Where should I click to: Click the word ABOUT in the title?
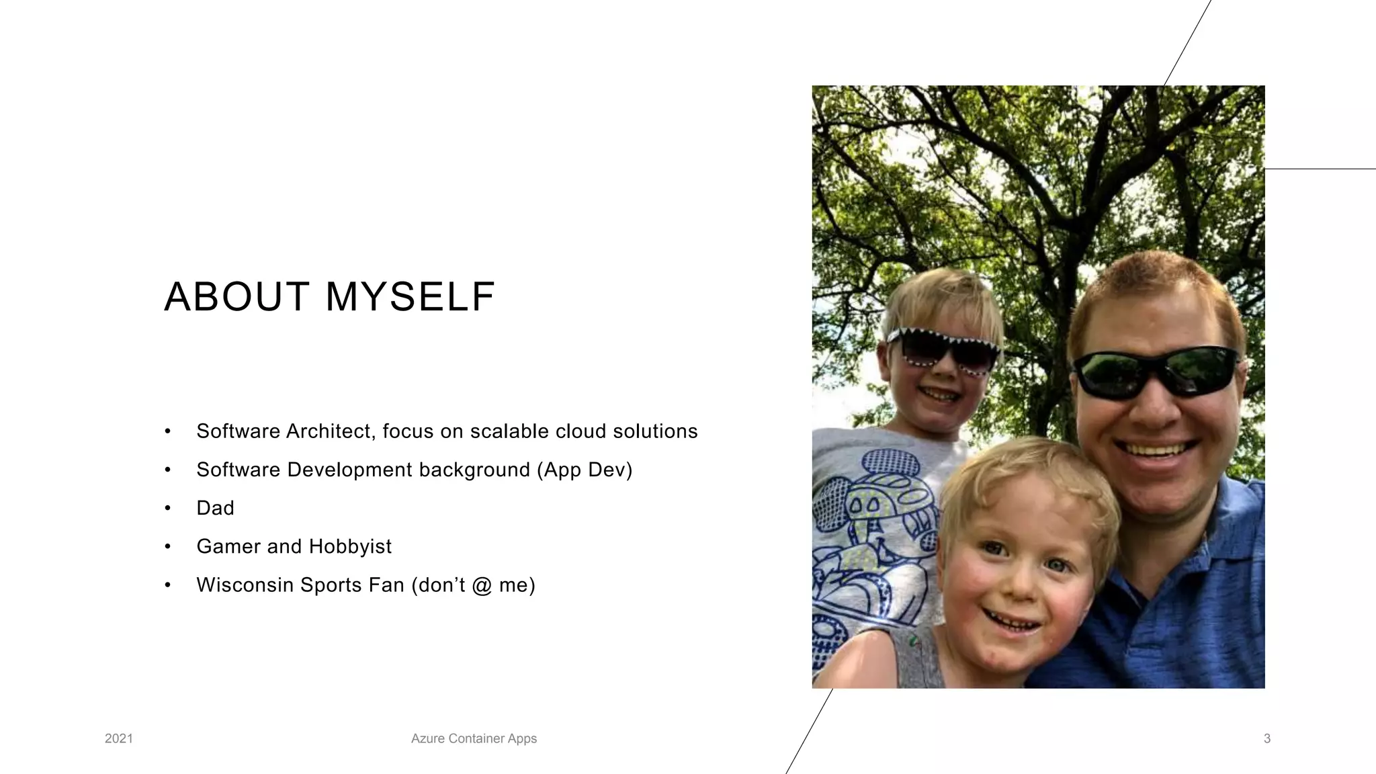(x=236, y=297)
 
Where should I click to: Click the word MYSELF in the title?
(x=411, y=297)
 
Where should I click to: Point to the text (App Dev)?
(x=585, y=470)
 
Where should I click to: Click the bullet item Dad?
(x=215, y=508)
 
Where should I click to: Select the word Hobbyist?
(x=350, y=546)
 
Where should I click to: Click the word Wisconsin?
(x=245, y=585)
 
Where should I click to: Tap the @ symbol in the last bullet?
(x=482, y=585)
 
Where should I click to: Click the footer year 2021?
(x=119, y=738)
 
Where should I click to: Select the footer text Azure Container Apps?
(x=474, y=738)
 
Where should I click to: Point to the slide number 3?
(x=1267, y=738)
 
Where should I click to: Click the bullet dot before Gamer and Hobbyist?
(x=168, y=546)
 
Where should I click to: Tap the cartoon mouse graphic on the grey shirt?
(x=873, y=511)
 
